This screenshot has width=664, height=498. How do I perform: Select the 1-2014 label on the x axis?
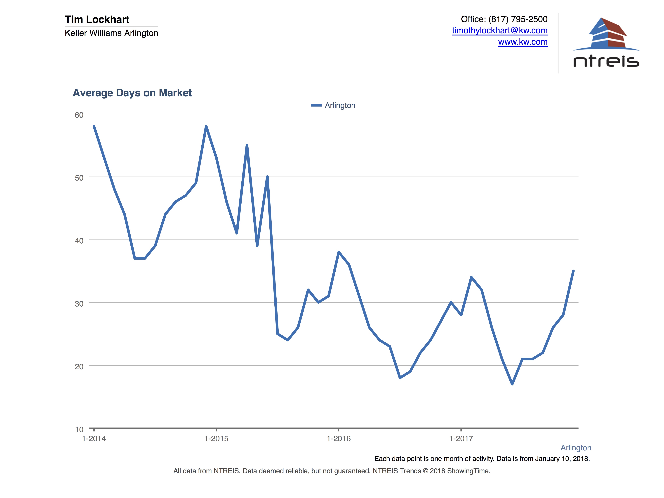(94, 439)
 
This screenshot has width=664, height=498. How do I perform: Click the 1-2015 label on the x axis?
(216, 439)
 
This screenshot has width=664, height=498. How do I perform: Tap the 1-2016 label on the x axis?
(339, 439)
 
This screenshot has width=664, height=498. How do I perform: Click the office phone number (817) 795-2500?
(518, 19)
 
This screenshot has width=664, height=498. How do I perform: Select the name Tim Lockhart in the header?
(97, 19)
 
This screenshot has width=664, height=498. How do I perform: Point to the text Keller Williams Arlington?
(111, 33)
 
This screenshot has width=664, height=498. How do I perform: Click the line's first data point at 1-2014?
(94, 126)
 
